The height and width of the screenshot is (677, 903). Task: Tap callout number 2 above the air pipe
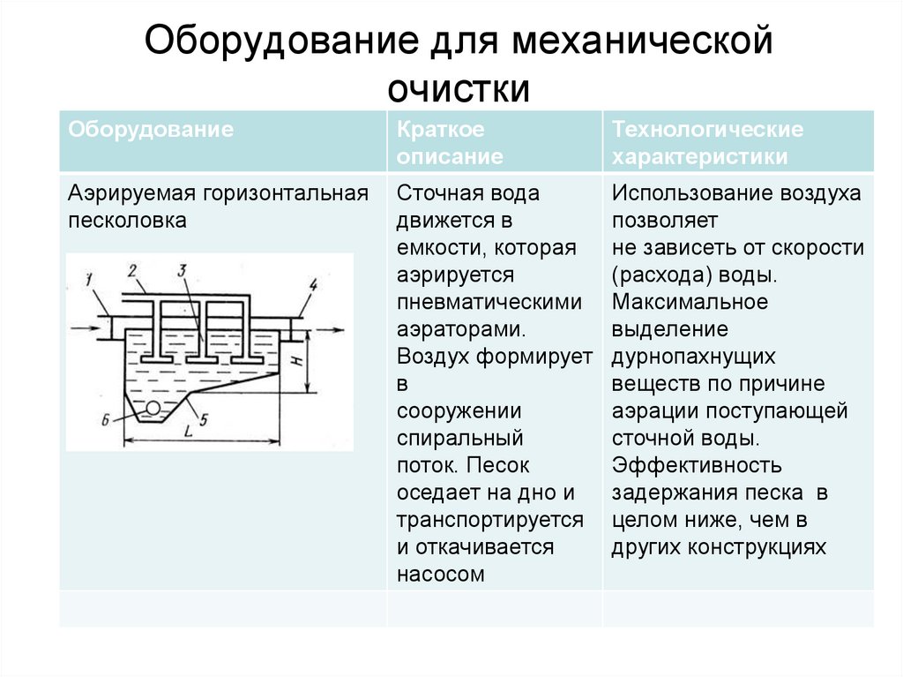pyautogui.click(x=132, y=270)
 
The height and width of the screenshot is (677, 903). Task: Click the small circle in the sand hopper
pyautogui.click(x=153, y=408)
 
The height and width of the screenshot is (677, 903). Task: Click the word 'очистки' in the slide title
pyautogui.click(x=459, y=88)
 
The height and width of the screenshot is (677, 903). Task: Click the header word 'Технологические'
pyautogui.click(x=708, y=130)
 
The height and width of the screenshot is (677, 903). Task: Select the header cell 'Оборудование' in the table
pyautogui.click(x=151, y=130)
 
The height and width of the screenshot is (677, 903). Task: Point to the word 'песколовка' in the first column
pyautogui.click(x=128, y=221)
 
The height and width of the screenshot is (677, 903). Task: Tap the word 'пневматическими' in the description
pyautogui.click(x=489, y=302)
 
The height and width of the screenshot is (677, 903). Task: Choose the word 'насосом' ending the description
pyautogui.click(x=441, y=574)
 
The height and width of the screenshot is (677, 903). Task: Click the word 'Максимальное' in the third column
pyautogui.click(x=690, y=302)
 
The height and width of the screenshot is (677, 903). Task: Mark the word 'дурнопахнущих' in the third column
pyautogui.click(x=694, y=357)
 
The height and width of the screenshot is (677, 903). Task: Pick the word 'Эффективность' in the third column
pyautogui.click(x=697, y=465)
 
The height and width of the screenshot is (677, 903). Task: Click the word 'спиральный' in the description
pyautogui.click(x=460, y=438)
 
